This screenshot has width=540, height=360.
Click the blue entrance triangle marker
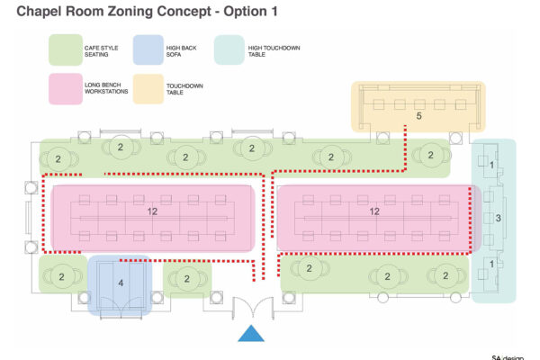click(251, 334)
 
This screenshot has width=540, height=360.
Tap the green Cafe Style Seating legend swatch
click(66, 50)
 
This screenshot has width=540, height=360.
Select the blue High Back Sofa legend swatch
click(148, 50)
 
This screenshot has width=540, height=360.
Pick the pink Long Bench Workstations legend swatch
click(66, 88)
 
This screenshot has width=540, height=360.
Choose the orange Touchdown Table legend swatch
click(148, 89)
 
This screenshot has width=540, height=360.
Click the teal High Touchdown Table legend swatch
click(229, 50)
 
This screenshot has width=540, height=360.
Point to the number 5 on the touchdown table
click(418, 116)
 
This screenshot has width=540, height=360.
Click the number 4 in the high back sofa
click(121, 283)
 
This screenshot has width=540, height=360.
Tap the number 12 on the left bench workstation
click(152, 211)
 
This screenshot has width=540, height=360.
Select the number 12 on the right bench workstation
click(374, 211)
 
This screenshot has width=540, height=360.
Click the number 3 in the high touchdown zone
click(498, 218)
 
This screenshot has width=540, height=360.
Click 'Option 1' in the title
click(250, 12)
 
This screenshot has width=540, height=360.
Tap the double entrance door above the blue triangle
click(253, 308)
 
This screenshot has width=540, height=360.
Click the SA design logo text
click(508, 357)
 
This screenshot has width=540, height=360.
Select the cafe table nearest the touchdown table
click(431, 156)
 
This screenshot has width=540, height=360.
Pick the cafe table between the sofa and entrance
click(187, 278)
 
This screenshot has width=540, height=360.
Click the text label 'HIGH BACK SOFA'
click(181, 51)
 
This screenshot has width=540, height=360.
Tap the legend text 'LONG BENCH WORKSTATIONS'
click(106, 88)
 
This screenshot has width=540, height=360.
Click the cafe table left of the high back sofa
click(61, 276)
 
